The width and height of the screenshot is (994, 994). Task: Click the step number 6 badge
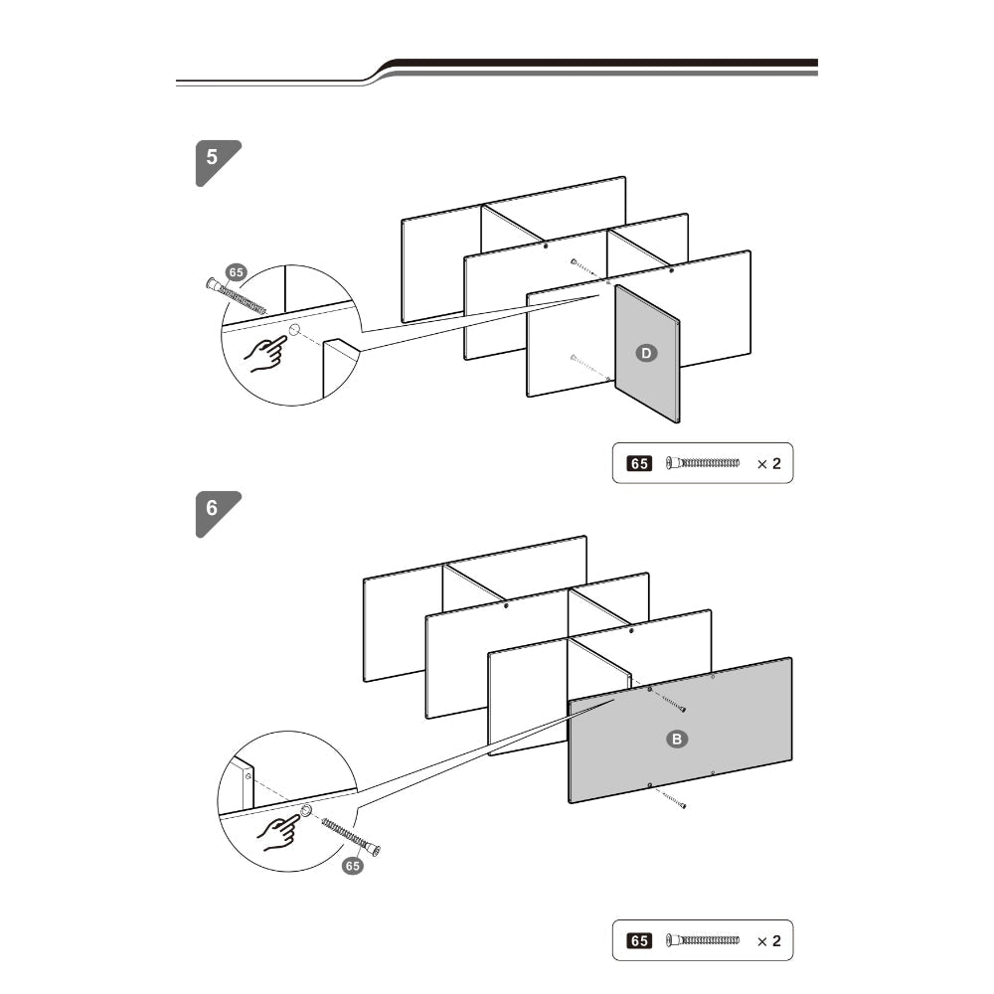pos(216,512)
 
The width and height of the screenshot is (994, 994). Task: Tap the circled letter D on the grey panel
pos(646,353)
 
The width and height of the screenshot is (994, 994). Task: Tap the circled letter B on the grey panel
pos(676,740)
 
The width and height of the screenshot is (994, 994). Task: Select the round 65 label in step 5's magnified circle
pos(236,272)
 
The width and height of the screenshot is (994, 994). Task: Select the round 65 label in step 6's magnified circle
pos(353,866)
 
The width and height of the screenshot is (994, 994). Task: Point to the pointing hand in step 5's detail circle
pos(265,354)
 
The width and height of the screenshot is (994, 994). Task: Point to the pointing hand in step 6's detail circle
pos(278,832)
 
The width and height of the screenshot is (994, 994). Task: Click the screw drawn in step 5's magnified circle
pos(237,296)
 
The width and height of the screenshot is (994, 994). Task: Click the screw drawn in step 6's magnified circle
pos(351,837)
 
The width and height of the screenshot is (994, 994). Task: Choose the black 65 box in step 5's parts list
pos(639,463)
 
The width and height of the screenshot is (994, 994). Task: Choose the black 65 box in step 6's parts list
pos(639,940)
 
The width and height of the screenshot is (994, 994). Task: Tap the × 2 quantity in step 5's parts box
pos(769,464)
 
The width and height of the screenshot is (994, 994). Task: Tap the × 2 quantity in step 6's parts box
pos(769,941)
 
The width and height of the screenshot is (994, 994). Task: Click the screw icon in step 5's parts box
pos(703,463)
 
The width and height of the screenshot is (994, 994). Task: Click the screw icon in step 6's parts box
pos(703,940)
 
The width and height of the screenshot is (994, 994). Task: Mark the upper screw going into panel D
pos(583,268)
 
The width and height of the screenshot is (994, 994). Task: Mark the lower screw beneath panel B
pos(674,800)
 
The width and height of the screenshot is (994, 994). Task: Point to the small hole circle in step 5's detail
pos(294,330)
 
